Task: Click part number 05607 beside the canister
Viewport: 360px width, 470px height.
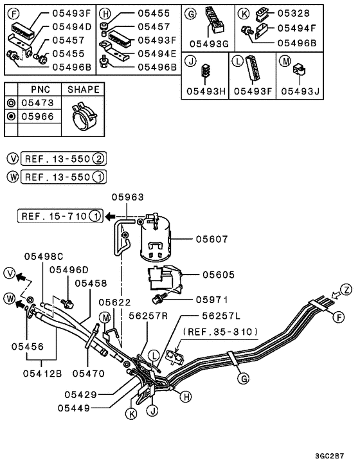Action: tap(212, 239)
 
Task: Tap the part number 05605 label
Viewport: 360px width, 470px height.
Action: tap(219, 275)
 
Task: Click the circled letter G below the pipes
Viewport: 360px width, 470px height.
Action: tap(243, 379)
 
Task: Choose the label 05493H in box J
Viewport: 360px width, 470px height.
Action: tap(204, 91)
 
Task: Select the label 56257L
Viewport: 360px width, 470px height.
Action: tap(221, 316)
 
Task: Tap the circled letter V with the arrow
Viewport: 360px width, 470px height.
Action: tap(11, 273)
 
